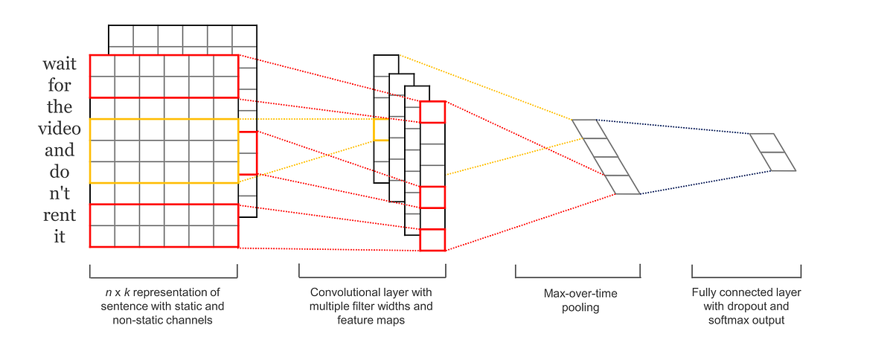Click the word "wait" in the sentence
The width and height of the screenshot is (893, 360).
pos(60,65)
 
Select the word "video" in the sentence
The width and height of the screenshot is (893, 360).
pos(60,129)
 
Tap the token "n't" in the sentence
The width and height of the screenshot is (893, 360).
pos(60,193)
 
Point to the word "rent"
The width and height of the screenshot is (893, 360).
pos(60,216)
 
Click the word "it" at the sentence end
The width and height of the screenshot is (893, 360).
pos(60,237)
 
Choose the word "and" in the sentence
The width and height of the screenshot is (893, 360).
pos(60,150)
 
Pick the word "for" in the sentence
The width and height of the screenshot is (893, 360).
pos(60,86)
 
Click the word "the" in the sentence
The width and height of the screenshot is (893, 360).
pos(60,107)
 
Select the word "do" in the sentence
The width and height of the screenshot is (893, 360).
pos(60,172)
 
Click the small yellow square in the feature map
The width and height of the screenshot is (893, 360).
pos(381,129)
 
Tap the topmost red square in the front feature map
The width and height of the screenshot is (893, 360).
pos(432,112)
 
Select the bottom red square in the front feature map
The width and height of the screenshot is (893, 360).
pos(432,240)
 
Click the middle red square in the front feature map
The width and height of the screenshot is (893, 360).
pos(432,197)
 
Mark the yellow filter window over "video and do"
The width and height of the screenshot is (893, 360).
pos(164,151)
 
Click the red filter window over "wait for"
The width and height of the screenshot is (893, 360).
pos(164,76)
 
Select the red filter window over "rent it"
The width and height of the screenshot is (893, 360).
pos(164,225)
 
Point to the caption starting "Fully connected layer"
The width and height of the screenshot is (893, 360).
pos(746,306)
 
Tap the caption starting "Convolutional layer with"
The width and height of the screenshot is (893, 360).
pos(371,306)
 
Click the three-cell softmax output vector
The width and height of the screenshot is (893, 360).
pos(772,152)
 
